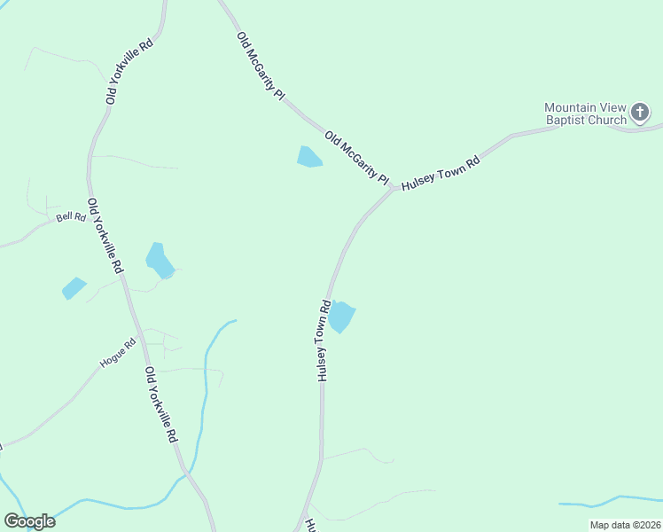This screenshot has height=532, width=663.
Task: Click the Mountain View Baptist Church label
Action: [585, 113]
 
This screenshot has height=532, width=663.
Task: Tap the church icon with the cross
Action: [641, 113]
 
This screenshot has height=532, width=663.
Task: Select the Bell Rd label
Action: [71, 217]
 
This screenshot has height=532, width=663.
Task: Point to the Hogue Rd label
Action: [117, 353]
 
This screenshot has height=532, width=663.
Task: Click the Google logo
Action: [29, 521]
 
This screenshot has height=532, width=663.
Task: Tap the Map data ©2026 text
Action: [625, 525]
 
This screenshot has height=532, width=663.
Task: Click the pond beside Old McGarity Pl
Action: [308, 157]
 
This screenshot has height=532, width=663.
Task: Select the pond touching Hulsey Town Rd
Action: [341, 317]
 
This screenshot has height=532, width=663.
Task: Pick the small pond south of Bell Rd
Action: [74, 288]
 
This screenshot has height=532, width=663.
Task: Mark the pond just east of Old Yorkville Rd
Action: [160, 261]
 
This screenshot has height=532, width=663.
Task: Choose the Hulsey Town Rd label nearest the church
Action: [441, 174]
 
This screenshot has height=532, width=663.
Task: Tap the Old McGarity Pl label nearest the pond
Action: [357, 158]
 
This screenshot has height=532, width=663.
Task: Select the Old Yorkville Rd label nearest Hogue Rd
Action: [161, 405]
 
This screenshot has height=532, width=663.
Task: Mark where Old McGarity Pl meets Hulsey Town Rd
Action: [394, 189]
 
